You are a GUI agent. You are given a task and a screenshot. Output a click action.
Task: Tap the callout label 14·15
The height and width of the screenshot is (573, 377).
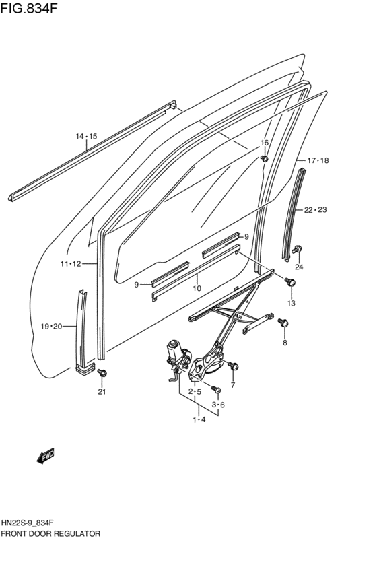pyautogui.click(x=86, y=137)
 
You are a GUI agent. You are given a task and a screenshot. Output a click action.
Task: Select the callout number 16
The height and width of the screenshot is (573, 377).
pyautogui.click(x=265, y=143)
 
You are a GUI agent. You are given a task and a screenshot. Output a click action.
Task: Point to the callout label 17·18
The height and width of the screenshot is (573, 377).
pyautogui.click(x=318, y=160)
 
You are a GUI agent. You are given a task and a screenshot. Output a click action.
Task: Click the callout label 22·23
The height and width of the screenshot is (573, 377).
pyautogui.click(x=315, y=210)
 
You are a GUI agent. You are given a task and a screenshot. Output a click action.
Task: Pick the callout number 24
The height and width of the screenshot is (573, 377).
pyautogui.click(x=299, y=267)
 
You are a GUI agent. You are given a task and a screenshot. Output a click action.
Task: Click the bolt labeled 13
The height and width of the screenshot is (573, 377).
pyautogui.click(x=290, y=283)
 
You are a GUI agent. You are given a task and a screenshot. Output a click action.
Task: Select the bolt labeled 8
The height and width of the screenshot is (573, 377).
pyautogui.click(x=283, y=325)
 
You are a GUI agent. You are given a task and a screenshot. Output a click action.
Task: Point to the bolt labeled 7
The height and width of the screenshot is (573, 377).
pyautogui.click(x=234, y=366)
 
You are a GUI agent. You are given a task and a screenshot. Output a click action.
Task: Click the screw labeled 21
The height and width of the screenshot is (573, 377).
pyautogui.click(x=102, y=373)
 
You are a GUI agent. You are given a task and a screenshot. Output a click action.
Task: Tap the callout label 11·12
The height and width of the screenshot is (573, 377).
pyautogui.click(x=69, y=264)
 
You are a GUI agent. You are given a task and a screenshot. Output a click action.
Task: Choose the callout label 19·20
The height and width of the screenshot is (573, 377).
pyautogui.click(x=51, y=327)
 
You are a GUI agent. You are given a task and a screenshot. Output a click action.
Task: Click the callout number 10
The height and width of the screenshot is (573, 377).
pyautogui.click(x=197, y=288)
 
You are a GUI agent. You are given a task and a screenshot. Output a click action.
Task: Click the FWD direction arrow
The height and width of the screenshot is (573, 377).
pyautogui.click(x=46, y=457)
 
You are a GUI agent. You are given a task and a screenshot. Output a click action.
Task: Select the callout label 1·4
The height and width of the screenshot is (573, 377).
pyautogui.click(x=199, y=420)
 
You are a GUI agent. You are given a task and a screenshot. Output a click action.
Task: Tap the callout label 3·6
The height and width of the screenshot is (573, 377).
pyautogui.click(x=218, y=405)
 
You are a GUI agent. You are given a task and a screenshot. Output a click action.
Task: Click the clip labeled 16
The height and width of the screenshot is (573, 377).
pyautogui.click(x=265, y=158)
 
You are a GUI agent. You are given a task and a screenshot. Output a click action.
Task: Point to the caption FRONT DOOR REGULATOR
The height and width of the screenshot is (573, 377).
pyautogui.click(x=51, y=533)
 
